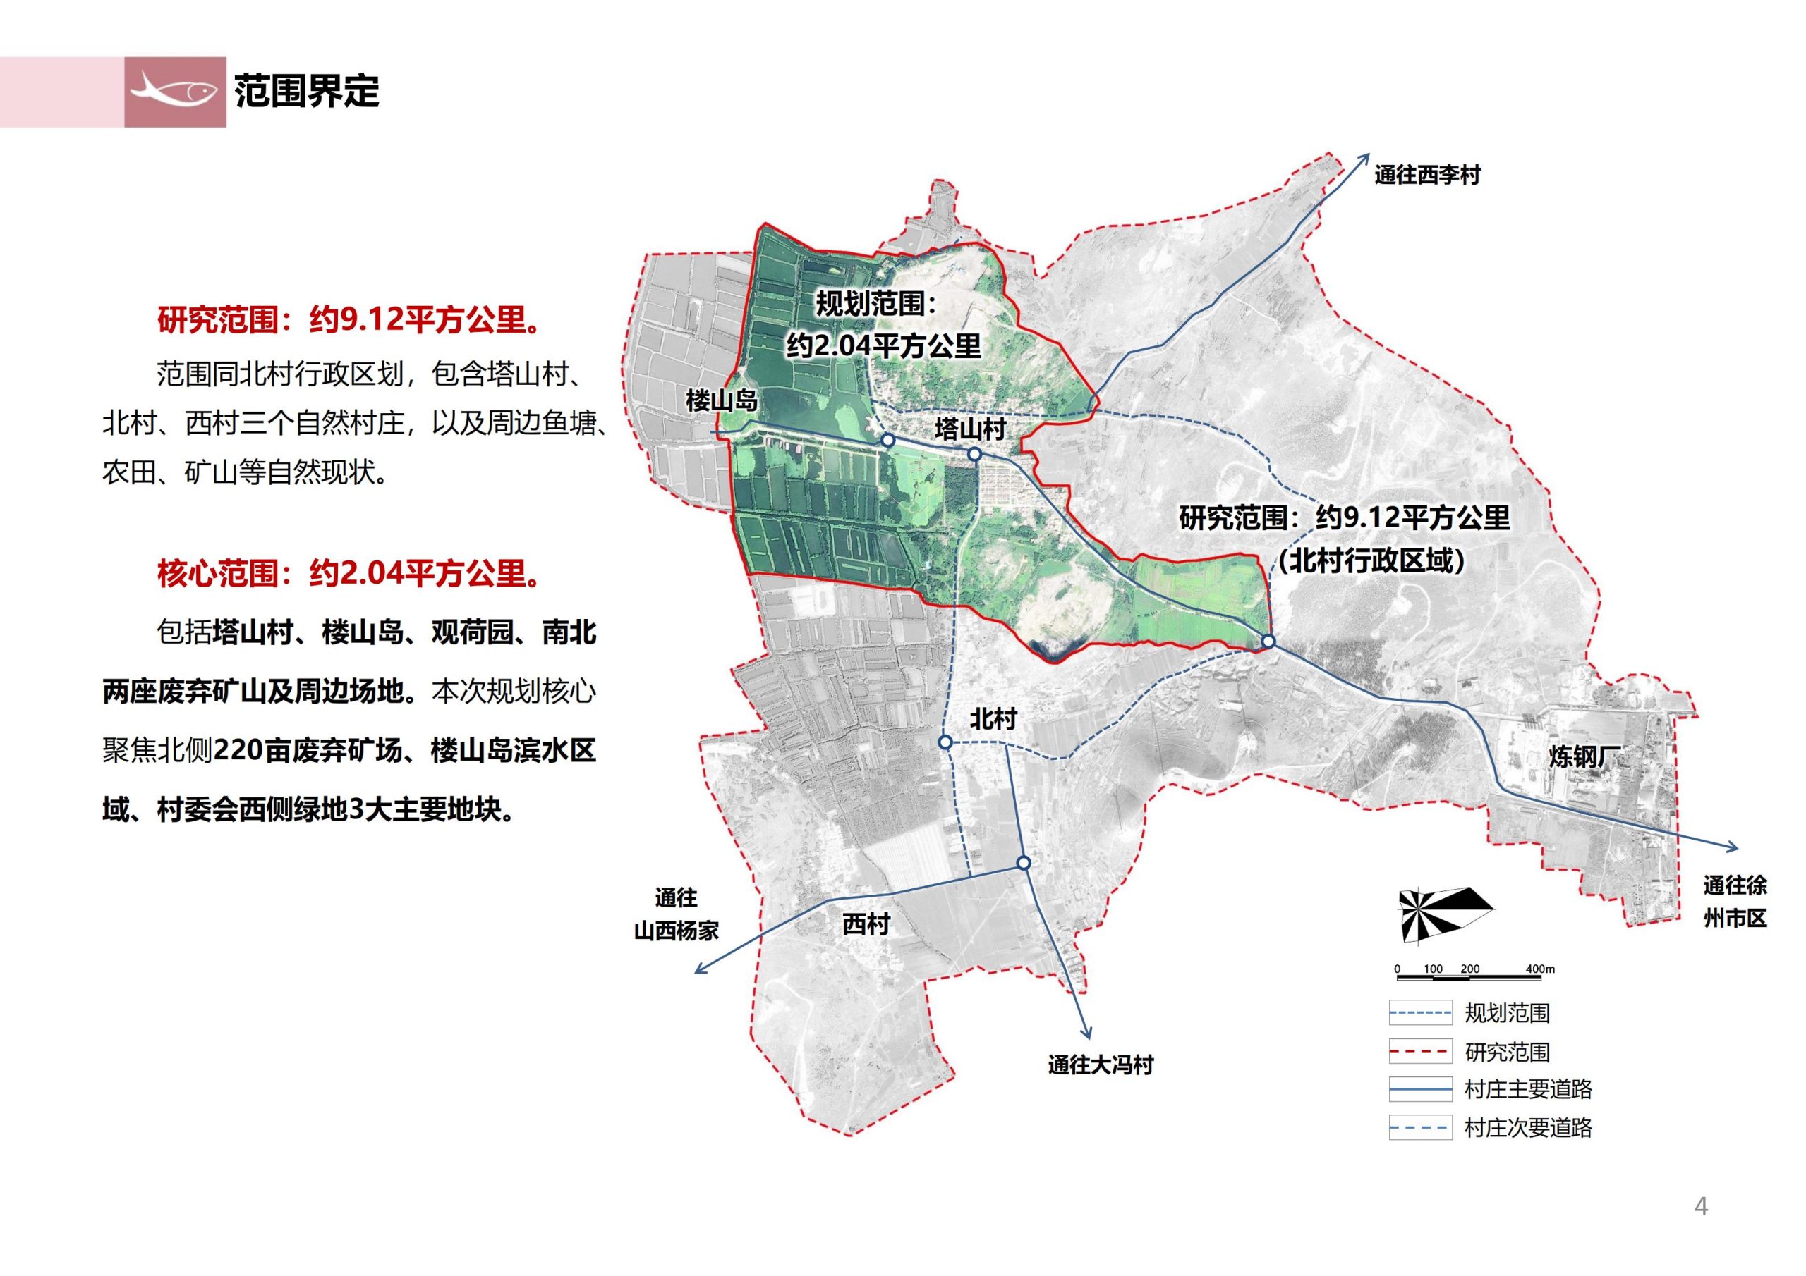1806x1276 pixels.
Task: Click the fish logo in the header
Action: (175, 92)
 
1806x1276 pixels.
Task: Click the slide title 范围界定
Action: (306, 92)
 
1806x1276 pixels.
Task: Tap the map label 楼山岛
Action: (720, 400)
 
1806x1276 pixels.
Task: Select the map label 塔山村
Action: (970, 429)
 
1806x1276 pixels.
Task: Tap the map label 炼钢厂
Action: (1585, 756)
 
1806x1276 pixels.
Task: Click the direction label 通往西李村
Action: (1427, 175)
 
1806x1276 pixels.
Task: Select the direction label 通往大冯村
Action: (1100, 1065)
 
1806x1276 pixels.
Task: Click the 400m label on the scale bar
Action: (1539, 969)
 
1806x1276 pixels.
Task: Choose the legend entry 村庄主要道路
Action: (1527, 1089)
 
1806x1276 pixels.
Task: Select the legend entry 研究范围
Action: (1506, 1052)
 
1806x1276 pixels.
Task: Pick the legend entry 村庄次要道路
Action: (1527, 1128)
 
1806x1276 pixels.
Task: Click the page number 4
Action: (1701, 1207)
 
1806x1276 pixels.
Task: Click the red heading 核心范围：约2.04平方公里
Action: (350, 573)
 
